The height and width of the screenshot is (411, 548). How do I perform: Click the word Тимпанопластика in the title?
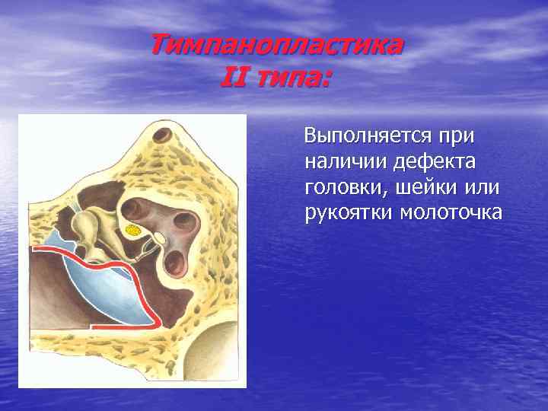point(276,46)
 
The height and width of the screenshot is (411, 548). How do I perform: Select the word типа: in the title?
point(292,77)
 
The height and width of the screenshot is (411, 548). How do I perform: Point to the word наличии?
point(339,162)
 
